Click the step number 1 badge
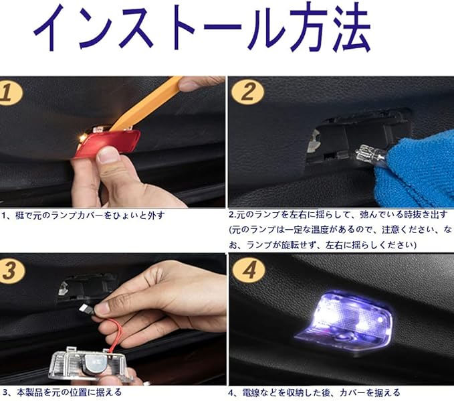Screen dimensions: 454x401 10,93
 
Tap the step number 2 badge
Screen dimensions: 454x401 248,92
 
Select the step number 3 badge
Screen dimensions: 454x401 11,271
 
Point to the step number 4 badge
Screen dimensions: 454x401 249,270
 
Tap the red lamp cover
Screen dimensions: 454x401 108,143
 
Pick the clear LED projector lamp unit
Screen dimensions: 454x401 90,366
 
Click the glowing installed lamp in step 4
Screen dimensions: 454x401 344,319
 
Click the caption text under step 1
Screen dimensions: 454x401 83,216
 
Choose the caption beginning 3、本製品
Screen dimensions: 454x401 62,392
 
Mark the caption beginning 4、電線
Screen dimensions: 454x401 314,393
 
